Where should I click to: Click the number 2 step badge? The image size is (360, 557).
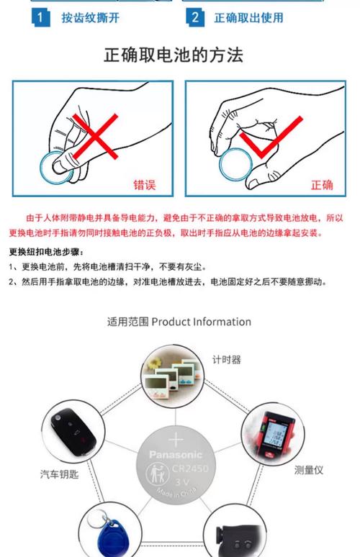[194, 17]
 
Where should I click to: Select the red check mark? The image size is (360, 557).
[266, 140]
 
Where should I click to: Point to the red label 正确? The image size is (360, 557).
[322, 185]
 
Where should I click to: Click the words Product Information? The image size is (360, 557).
[202, 322]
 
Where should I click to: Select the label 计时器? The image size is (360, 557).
[226, 359]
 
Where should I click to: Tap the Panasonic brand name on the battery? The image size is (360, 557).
[176, 454]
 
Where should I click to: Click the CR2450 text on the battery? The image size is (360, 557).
[189, 468]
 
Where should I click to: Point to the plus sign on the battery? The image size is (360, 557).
[176, 440]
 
